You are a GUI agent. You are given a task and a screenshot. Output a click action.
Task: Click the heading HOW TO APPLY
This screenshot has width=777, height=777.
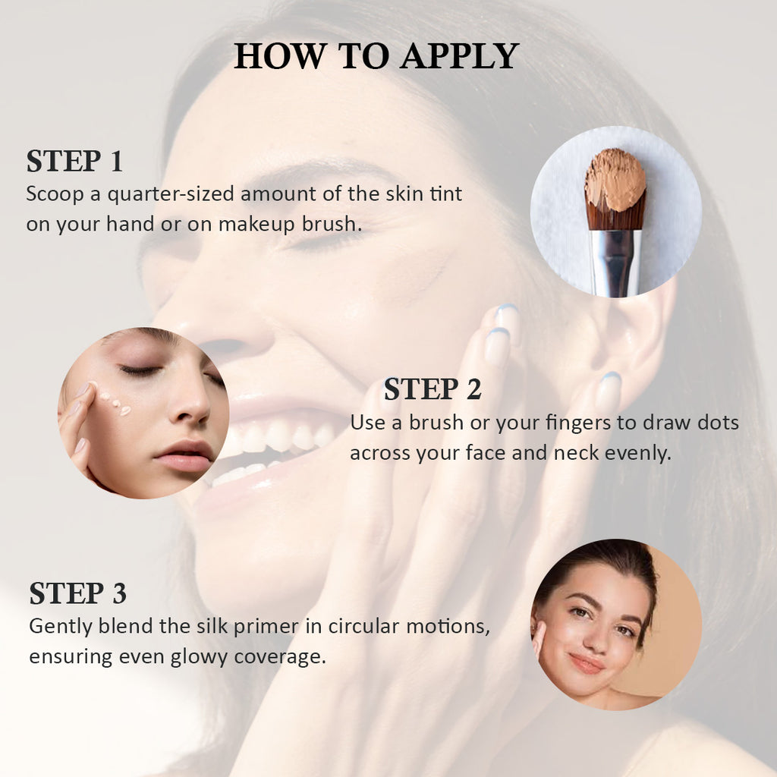(376, 55)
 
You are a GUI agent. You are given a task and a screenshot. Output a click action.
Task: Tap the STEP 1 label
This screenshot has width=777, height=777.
(75, 161)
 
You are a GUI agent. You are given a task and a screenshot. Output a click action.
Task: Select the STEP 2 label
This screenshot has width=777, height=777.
(433, 389)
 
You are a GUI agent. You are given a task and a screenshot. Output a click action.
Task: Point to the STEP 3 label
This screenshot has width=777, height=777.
(78, 593)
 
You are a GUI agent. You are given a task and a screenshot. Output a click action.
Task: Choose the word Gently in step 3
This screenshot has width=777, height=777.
(61, 627)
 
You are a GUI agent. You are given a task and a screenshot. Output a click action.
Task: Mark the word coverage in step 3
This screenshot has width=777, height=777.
(280, 658)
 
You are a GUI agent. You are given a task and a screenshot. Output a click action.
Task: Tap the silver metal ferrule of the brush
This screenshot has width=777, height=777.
(615, 263)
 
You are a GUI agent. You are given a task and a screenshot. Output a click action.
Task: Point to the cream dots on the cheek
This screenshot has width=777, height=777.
(114, 403)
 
